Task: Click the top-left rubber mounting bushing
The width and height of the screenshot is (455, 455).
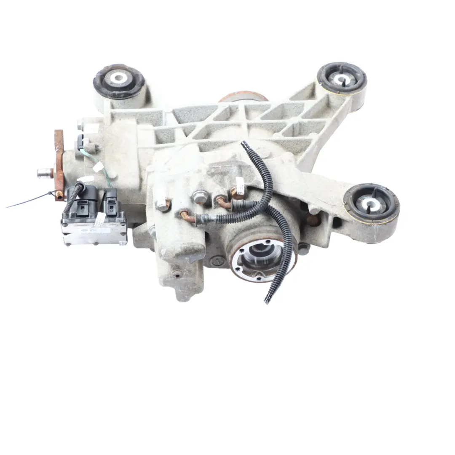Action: (119, 80)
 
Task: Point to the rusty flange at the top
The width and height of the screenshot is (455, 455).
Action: (244, 97)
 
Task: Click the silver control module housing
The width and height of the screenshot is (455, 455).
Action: (94, 230)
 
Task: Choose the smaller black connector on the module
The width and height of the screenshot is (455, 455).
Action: (110, 202)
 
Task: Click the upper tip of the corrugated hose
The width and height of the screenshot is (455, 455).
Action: (244, 144)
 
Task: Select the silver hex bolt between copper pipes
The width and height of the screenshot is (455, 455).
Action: (200, 196)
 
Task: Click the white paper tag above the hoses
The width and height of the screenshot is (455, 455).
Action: (240, 185)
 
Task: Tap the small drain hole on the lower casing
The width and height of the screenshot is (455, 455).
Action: (177, 274)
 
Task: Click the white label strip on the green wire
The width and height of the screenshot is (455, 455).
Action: (98, 167)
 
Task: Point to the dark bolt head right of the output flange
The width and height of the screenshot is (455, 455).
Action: (303, 249)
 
